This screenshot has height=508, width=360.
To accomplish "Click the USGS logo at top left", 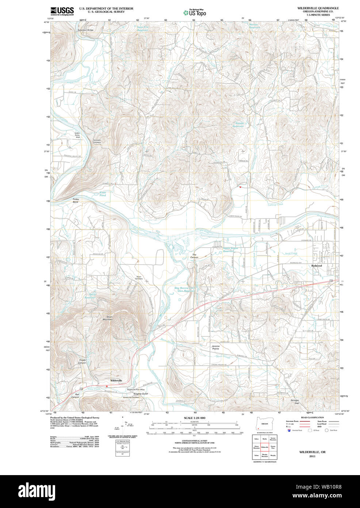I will point(62,11).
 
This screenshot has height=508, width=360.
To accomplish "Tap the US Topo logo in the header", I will point(195,13).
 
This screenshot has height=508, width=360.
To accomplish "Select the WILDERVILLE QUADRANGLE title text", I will point(318,8).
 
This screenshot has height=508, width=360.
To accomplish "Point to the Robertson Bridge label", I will point(85,30).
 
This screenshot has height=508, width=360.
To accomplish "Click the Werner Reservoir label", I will point(254,26).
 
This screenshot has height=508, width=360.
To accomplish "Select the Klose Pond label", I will point(103,194).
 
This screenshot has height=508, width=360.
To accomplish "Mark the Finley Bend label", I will point(76,201).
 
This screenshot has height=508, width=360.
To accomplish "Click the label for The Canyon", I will point(194,256).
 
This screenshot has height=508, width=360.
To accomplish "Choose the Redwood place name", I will point(317,266).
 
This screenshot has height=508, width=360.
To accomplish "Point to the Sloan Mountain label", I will point(110,318).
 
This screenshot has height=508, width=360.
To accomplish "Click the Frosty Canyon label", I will point(82,361).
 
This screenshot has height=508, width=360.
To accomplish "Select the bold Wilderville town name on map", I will point(116,380).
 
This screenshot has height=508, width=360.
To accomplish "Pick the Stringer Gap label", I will point(295,402).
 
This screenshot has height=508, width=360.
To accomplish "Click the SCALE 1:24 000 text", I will point(194,418).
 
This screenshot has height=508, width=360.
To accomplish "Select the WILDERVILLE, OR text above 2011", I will point(312,452).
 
